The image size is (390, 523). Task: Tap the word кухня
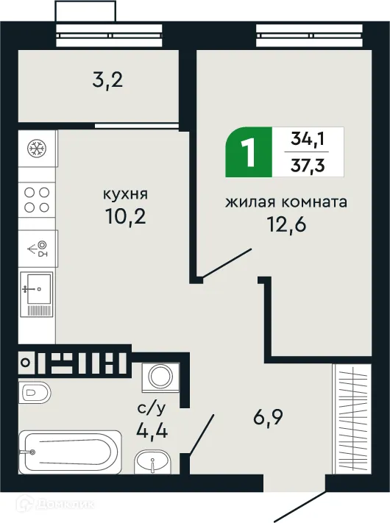[125, 195]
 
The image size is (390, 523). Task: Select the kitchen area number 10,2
[125, 219]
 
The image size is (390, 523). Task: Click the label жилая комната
[286, 201]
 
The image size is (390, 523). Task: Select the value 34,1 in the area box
[308, 137]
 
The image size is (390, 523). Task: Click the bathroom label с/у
[152, 406]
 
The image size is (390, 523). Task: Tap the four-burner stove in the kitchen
[37, 199]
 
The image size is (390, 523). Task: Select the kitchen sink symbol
[37, 293]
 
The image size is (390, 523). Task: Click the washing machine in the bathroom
[159, 376]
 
